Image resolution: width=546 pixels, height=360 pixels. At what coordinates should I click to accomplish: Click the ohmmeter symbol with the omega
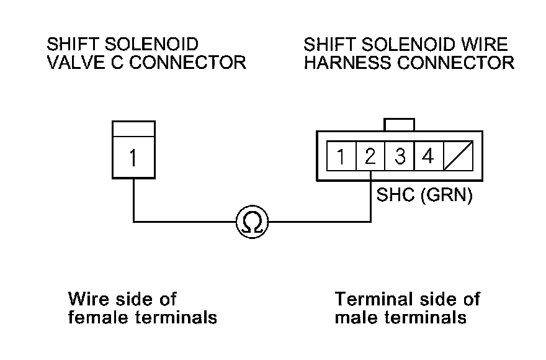[251, 221]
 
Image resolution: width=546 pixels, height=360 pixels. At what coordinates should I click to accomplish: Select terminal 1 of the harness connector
[341, 156]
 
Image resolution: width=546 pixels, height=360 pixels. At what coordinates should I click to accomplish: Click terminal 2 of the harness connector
[370, 156]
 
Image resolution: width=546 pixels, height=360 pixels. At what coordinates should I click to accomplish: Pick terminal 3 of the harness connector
[400, 156]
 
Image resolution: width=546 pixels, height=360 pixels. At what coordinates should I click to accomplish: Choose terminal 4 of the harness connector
[427, 156]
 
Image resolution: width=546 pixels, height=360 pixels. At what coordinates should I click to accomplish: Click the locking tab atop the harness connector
[399, 124]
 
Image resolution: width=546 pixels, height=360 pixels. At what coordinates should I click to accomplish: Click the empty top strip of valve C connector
[133, 128]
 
